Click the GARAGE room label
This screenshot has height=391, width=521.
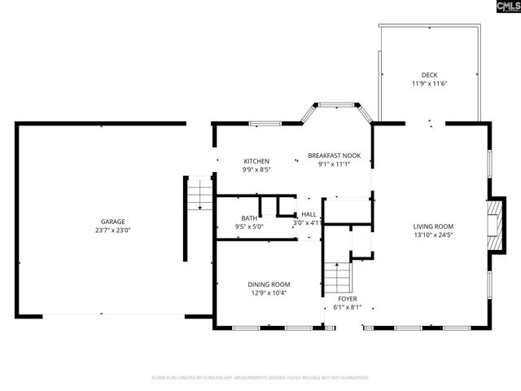pyautogui.click(x=112, y=222)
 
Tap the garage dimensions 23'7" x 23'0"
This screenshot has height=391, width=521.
pyautogui.click(x=112, y=230)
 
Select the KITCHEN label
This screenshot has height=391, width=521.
pyautogui.click(x=256, y=161)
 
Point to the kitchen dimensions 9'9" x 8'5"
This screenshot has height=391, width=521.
pyautogui.click(x=256, y=169)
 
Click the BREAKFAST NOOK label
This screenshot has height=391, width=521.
pyautogui.click(x=339, y=155)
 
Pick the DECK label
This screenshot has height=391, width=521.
pyautogui.click(x=430, y=75)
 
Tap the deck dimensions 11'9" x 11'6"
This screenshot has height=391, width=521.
pyautogui.click(x=430, y=83)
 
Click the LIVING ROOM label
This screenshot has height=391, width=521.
pyautogui.click(x=433, y=226)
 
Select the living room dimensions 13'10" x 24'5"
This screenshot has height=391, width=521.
pyautogui.click(x=433, y=235)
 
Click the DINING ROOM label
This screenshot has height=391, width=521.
pyautogui.click(x=269, y=284)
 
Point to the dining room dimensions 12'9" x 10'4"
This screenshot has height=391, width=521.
pyautogui.click(x=269, y=292)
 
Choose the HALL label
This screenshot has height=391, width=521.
pyautogui.click(x=309, y=213)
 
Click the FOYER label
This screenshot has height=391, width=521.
pyautogui.click(x=346, y=299)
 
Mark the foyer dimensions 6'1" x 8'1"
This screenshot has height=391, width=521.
pyautogui.click(x=346, y=308)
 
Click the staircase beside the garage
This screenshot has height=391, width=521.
pyautogui.click(x=199, y=195)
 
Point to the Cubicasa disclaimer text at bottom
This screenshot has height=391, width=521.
pyautogui.click(x=260, y=378)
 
